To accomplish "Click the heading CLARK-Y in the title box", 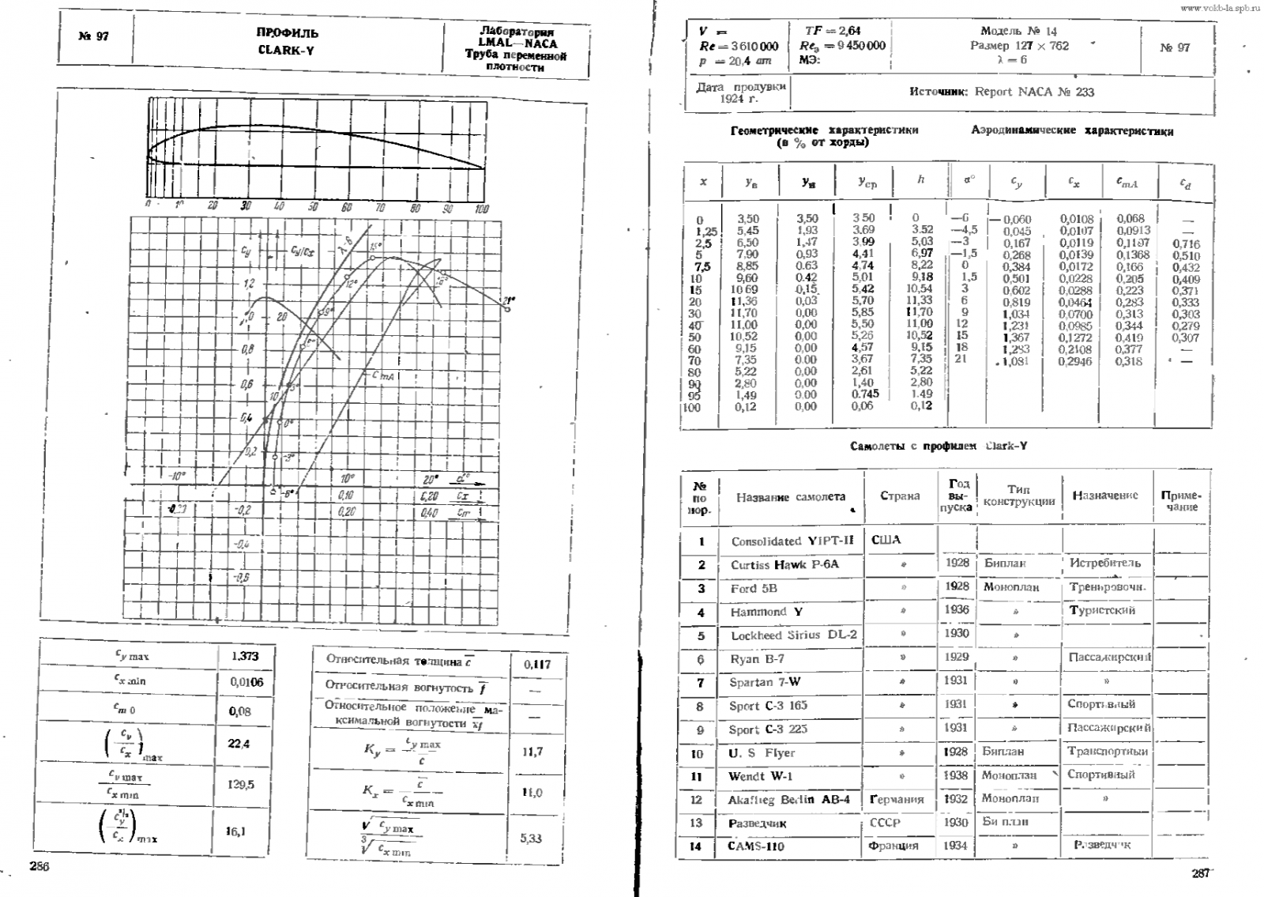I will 287,51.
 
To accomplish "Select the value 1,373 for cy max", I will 245,656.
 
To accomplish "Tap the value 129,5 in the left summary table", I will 242,785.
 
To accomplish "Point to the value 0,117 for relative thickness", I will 537,665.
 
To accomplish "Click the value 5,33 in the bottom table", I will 531,838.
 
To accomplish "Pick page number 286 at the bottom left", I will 39,866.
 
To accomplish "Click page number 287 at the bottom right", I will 1200,873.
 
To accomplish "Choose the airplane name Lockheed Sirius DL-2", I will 793,635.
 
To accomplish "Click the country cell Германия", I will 897,799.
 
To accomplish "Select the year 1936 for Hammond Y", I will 956,610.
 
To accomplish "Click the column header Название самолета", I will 790,497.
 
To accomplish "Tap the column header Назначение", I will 1104,496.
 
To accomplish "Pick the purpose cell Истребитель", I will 1104,563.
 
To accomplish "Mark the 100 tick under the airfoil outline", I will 482,209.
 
